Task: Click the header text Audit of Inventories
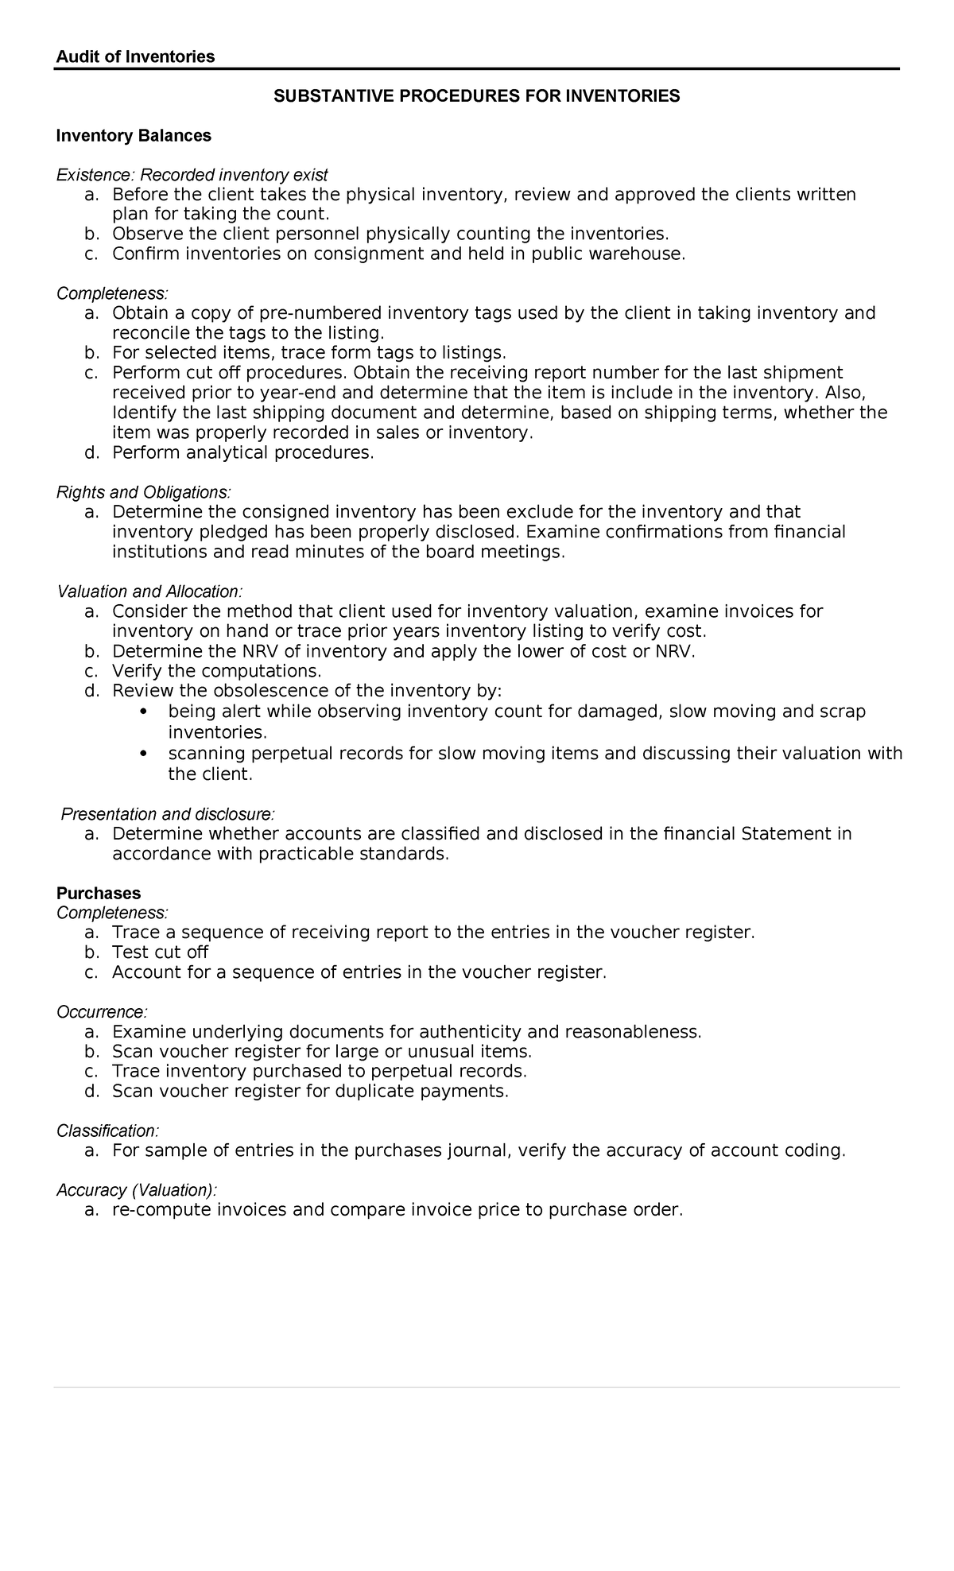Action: point(135,56)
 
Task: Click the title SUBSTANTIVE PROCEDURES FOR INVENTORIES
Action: point(476,96)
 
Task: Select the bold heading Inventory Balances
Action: point(134,136)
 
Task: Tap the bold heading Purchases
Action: point(99,893)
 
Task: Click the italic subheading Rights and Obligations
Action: point(144,493)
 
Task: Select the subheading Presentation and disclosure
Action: point(169,814)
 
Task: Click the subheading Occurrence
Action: point(102,1012)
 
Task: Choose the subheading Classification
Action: point(107,1131)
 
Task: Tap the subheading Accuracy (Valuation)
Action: point(136,1190)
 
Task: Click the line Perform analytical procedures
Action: point(242,453)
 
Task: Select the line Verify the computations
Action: point(216,671)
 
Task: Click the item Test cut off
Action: point(160,952)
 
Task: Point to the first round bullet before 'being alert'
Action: point(143,711)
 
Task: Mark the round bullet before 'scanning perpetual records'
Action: point(143,753)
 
